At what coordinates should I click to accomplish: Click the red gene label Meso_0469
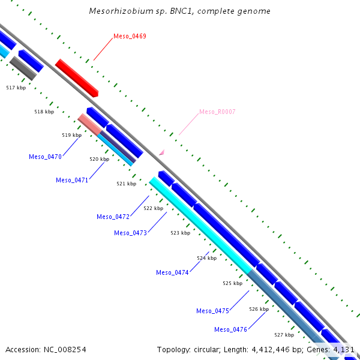click(130, 37)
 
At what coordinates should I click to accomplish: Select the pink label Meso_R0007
click(217, 112)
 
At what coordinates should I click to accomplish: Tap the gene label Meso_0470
click(45, 157)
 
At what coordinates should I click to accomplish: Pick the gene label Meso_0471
click(72, 180)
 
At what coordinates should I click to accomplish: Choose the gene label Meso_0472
click(113, 217)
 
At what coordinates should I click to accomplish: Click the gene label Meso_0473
click(130, 233)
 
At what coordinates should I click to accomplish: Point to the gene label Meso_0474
click(172, 272)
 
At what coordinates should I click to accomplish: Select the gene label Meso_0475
click(213, 311)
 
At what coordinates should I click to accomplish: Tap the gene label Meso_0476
click(230, 329)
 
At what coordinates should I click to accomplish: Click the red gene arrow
click(77, 78)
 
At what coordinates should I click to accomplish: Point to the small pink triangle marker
click(161, 153)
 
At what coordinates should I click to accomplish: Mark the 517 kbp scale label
click(16, 88)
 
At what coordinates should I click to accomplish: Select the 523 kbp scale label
click(180, 233)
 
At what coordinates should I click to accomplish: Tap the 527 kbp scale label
click(284, 335)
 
